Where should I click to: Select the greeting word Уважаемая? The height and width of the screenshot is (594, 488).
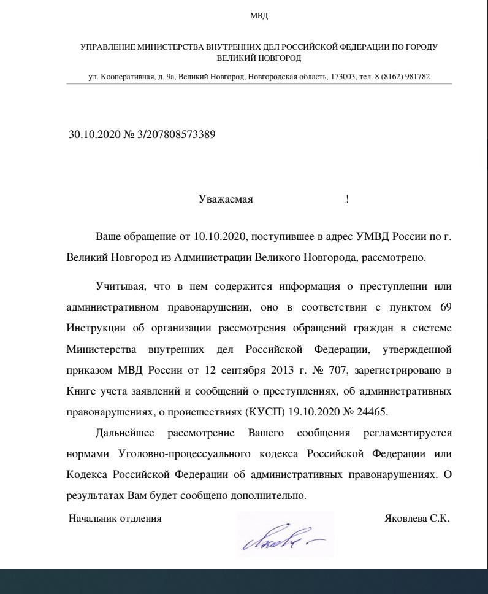tap(226, 199)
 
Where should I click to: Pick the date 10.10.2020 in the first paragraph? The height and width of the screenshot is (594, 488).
tap(221, 236)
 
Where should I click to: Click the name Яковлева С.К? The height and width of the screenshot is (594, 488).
tap(416, 519)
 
